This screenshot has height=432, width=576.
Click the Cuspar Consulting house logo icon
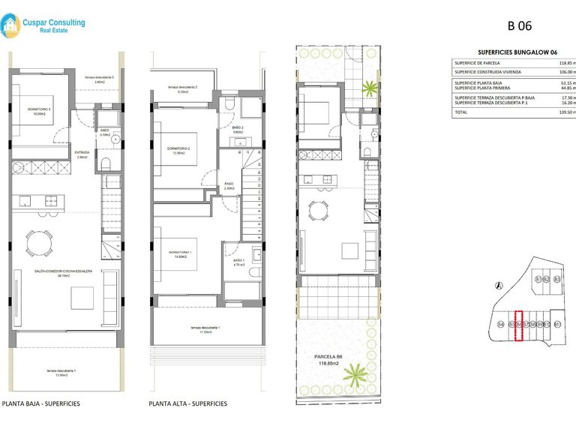[x=12, y=28]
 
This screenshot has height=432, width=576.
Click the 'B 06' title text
[x=520, y=25]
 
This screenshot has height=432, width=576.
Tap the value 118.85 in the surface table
[x=564, y=64]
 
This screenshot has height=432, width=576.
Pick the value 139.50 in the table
[x=564, y=112]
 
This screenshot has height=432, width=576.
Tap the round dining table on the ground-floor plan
[x=39, y=241]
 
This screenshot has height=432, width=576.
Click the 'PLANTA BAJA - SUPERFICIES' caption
[x=41, y=403]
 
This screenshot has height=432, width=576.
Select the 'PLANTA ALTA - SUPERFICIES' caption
[x=188, y=403]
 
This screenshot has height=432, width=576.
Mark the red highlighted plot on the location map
[x=517, y=325]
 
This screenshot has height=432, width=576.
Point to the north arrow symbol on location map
[x=500, y=285]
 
